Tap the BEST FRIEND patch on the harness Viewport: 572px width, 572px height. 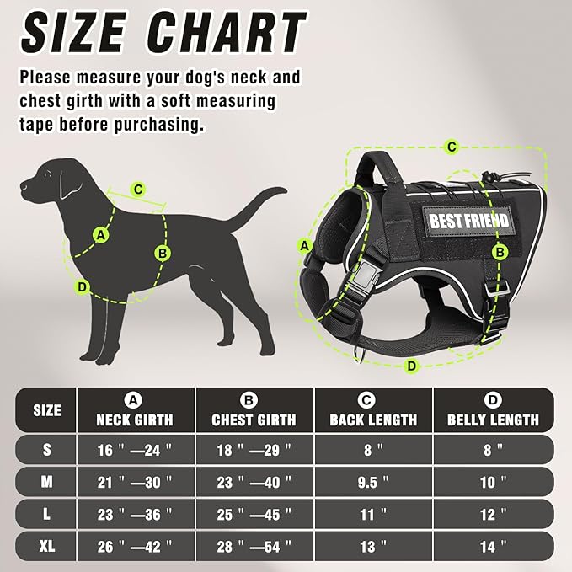pyautogui.click(x=470, y=221)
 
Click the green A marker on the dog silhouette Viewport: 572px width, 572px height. pyautogui.click(x=102, y=235)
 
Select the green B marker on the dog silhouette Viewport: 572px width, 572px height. pyautogui.click(x=163, y=252)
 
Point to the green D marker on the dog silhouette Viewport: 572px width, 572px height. pyautogui.click(x=83, y=287)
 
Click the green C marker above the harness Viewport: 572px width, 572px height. pyautogui.click(x=452, y=147)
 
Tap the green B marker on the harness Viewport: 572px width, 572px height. pyautogui.click(x=500, y=252)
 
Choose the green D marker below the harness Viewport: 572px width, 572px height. pyautogui.click(x=411, y=366)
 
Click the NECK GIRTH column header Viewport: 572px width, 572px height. pyautogui.click(x=135, y=419)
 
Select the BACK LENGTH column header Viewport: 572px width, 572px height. pyautogui.click(x=373, y=419)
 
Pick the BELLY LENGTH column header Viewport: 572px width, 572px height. pyautogui.click(x=493, y=419)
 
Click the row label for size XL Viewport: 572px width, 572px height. pyautogui.click(x=46, y=547)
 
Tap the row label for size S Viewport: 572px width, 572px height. pyautogui.click(x=46, y=450)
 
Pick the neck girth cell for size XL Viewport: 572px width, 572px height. pyautogui.click(x=135, y=547)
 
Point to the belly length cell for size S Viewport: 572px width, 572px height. pyautogui.click(x=493, y=450)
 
